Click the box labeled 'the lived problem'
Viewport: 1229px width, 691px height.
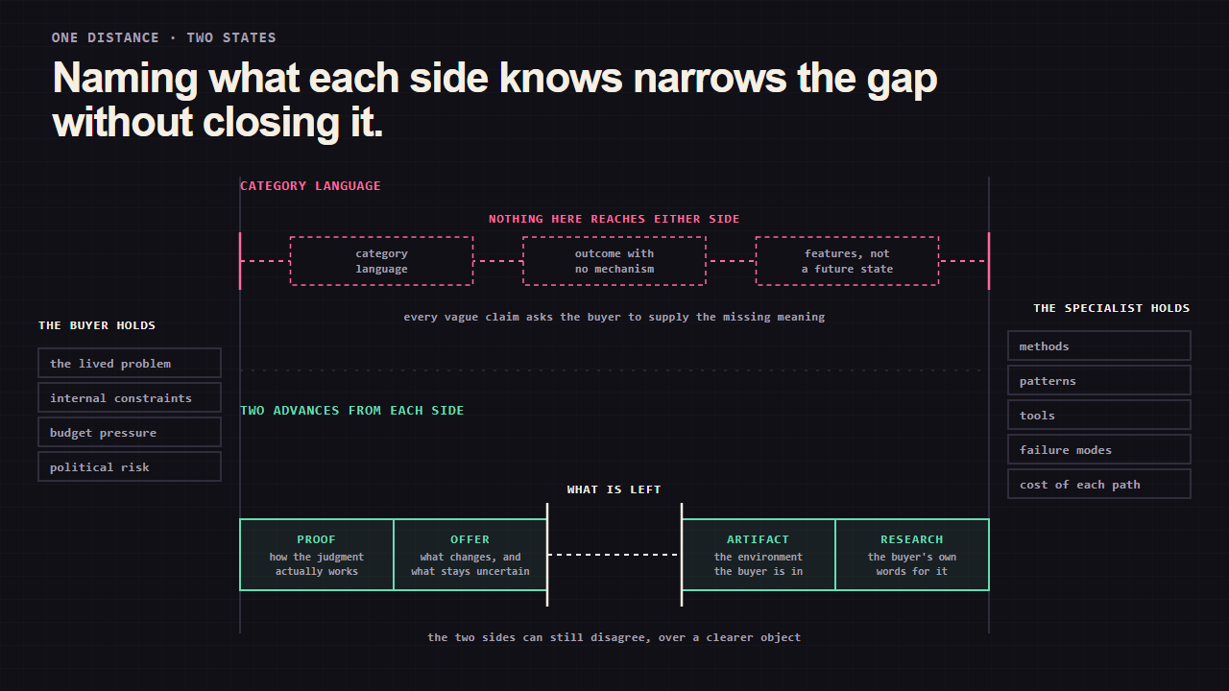[x=130, y=363]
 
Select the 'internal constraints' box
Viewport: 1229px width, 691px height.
[x=130, y=397]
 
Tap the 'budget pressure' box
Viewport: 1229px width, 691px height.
[x=130, y=432]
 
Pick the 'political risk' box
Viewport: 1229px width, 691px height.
[x=130, y=466]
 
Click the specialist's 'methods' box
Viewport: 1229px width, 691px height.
[x=1099, y=345]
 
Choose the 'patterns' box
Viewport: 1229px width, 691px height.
[x=1099, y=380]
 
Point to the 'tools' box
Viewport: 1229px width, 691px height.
[x=1099, y=415]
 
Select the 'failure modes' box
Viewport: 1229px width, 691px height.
[x=1099, y=449]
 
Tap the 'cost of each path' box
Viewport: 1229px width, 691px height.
[x=1099, y=484]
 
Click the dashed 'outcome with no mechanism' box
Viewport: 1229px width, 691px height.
[x=614, y=261]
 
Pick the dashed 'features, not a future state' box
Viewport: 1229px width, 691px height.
[x=847, y=261]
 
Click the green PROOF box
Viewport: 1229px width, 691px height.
[x=317, y=555]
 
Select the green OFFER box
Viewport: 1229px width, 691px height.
[x=470, y=555]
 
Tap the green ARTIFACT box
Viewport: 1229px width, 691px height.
[x=759, y=555]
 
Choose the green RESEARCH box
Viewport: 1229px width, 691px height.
[x=912, y=555]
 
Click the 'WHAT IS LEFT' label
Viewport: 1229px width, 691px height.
[x=614, y=489]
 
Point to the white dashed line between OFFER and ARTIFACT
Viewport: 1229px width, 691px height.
[x=614, y=555]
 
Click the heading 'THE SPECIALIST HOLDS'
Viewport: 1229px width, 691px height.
[x=1112, y=308]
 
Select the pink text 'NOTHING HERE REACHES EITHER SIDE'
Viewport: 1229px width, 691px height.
[x=614, y=219]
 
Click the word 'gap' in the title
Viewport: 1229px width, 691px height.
[x=902, y=79]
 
